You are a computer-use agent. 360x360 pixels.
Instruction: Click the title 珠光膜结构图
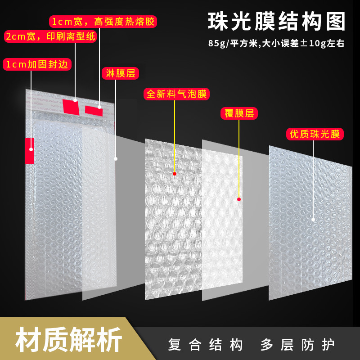point(276,21)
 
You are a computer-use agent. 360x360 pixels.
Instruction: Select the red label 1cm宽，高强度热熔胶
point(103,22)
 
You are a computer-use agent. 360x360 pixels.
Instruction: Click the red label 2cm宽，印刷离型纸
point(50,36)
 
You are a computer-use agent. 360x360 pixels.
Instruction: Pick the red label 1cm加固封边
point(37,64)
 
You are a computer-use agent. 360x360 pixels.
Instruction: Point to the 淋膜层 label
point(120,73)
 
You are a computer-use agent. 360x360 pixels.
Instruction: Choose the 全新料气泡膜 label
point(176,94)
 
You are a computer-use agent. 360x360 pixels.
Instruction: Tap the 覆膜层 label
point(239,113)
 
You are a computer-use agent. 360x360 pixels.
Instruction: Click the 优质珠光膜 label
point(315,134)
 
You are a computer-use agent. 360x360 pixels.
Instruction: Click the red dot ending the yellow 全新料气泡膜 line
point(175,174)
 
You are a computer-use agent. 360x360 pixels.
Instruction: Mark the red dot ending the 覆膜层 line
point(239,199)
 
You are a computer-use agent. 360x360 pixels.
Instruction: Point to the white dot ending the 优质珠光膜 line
point(313,220)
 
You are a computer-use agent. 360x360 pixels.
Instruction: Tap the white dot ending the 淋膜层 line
point(116,159)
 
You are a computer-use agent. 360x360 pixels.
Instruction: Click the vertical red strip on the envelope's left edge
point(29,151)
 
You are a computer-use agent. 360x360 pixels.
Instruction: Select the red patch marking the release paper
point(71,107)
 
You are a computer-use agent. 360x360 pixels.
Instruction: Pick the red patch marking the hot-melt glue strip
point(94,111)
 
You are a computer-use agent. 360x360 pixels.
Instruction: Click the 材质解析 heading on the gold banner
point(68,340)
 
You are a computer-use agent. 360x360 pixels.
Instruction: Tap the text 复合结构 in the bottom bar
point(205,345)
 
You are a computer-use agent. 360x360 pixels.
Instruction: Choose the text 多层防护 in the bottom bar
point(297,345)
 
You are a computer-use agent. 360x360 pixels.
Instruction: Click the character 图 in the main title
point(336,22)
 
